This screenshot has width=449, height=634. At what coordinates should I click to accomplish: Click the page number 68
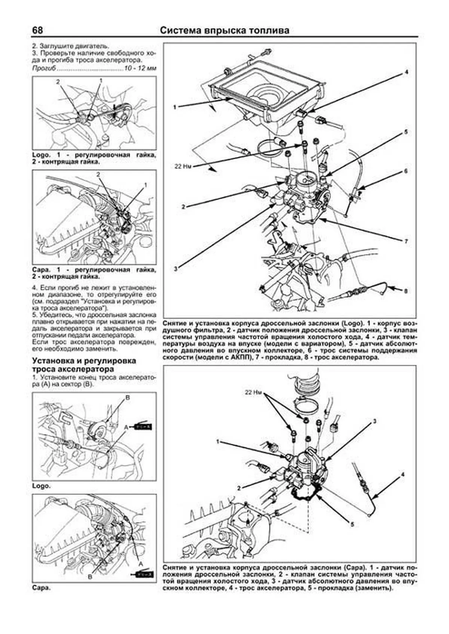(37, 30)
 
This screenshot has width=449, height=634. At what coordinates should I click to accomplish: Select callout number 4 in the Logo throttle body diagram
(406, 72)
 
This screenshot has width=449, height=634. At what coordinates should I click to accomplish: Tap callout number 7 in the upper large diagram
(406, 241)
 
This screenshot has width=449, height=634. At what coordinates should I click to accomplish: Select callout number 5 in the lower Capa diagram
(352, 524)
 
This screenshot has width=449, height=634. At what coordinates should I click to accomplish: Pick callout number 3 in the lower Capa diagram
(374, 421)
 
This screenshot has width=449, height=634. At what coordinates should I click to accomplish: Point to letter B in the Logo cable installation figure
(127, 398)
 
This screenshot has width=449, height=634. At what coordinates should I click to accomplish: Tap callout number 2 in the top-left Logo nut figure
(58, 81)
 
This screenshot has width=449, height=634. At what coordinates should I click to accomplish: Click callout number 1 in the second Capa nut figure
(146, 185)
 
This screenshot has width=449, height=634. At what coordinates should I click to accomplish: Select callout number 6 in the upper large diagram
(405, 171)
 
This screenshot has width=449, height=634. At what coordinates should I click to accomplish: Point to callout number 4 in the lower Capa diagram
(403, 475)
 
